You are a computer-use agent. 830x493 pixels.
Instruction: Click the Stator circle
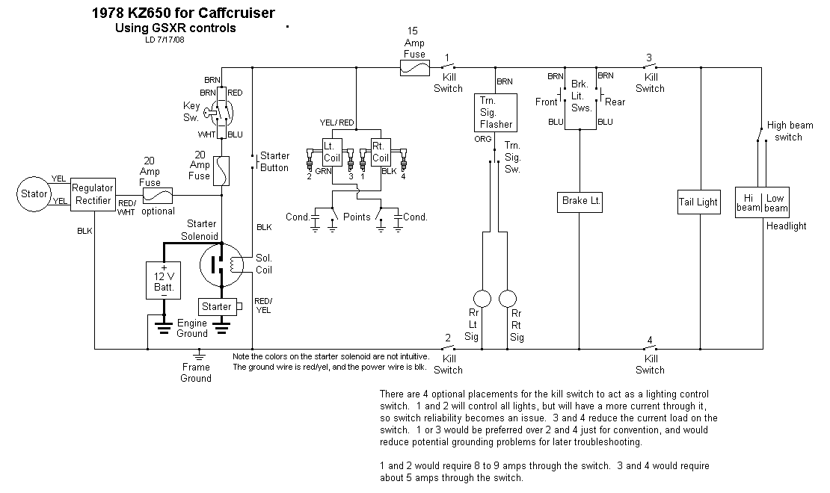coord(33,194)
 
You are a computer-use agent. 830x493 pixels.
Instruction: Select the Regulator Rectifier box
coord(93,195)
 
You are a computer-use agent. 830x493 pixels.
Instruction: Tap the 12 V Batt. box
coord(164,281)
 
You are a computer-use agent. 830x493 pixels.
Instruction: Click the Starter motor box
coord(217,306)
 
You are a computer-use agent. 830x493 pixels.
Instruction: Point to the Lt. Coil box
coord(332,152)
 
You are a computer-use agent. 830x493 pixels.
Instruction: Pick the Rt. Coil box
coord(381,152)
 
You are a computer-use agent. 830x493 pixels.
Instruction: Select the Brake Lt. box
coord(580,201)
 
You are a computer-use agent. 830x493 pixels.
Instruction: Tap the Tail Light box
coord(698,202)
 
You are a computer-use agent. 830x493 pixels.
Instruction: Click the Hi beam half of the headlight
coord(748,202)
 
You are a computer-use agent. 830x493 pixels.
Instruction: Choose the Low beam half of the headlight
coord(776,202)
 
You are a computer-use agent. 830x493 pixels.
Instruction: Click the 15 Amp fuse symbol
coord(415,68)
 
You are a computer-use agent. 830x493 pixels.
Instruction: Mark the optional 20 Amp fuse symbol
coord(159,195)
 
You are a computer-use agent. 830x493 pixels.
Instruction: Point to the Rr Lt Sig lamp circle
coord(482,298)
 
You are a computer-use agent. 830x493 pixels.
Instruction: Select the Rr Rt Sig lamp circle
coord(508,298)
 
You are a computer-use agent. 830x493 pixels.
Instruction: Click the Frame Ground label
coord(196,372)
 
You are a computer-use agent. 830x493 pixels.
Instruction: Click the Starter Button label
coord(274,161)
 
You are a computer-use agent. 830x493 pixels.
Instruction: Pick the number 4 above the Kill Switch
coord(650,341)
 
